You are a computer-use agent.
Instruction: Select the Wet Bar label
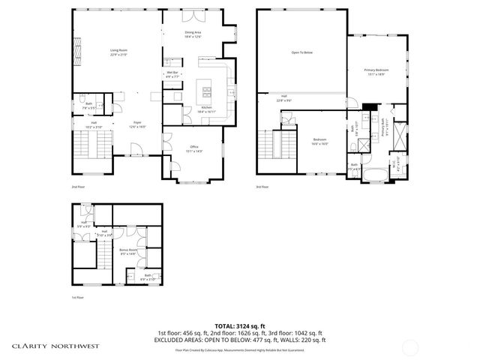pos(172,74)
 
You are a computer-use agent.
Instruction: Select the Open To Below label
pos(301,53)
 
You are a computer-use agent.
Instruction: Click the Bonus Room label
pos(128,251)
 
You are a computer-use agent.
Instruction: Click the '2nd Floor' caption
pos(77,187)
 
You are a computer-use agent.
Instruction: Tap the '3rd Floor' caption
pos(262,187)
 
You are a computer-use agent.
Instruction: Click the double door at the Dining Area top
pos(195,14)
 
